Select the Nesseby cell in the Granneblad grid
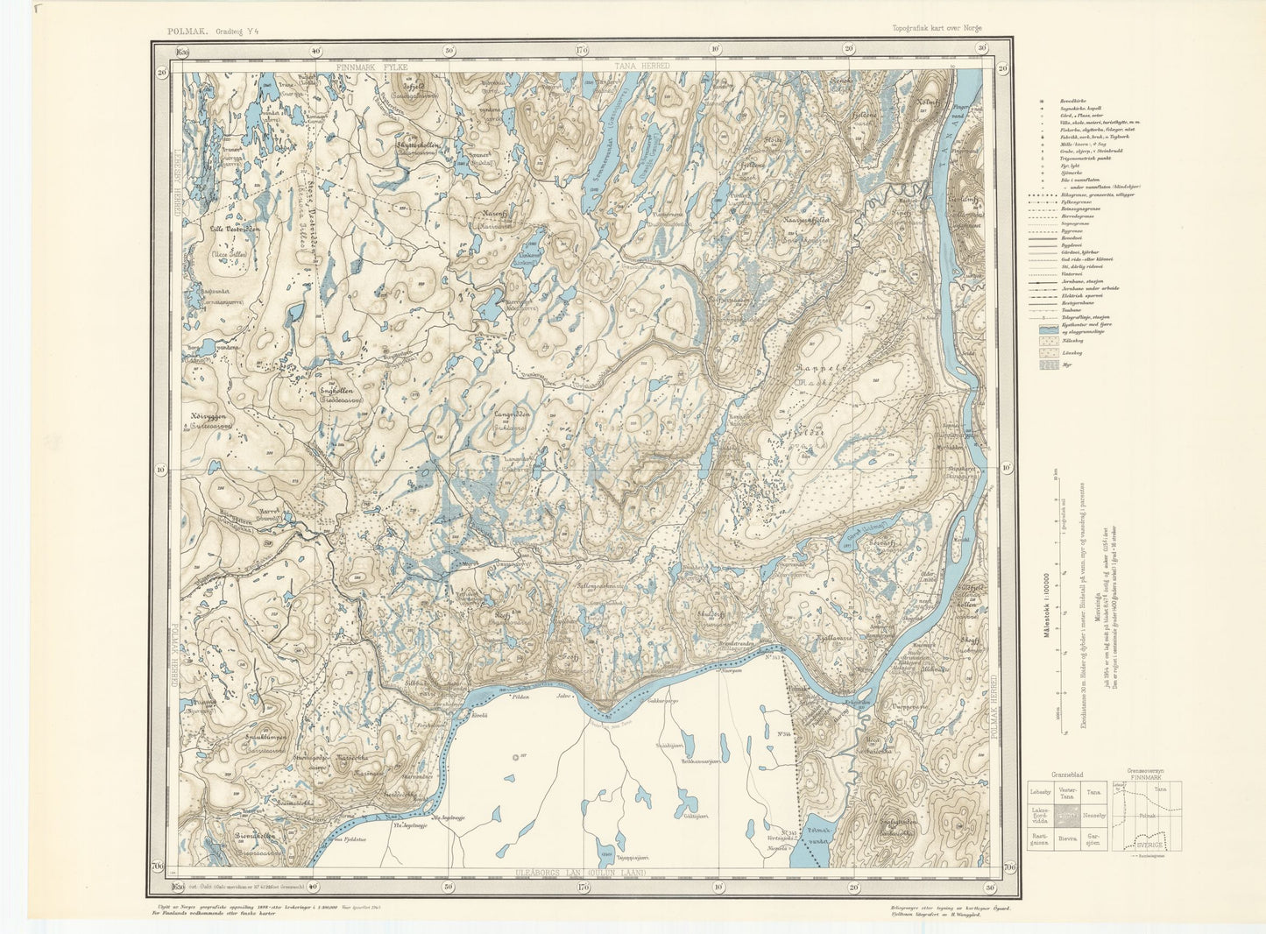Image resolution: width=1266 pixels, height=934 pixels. click(x=1093, y=815)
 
